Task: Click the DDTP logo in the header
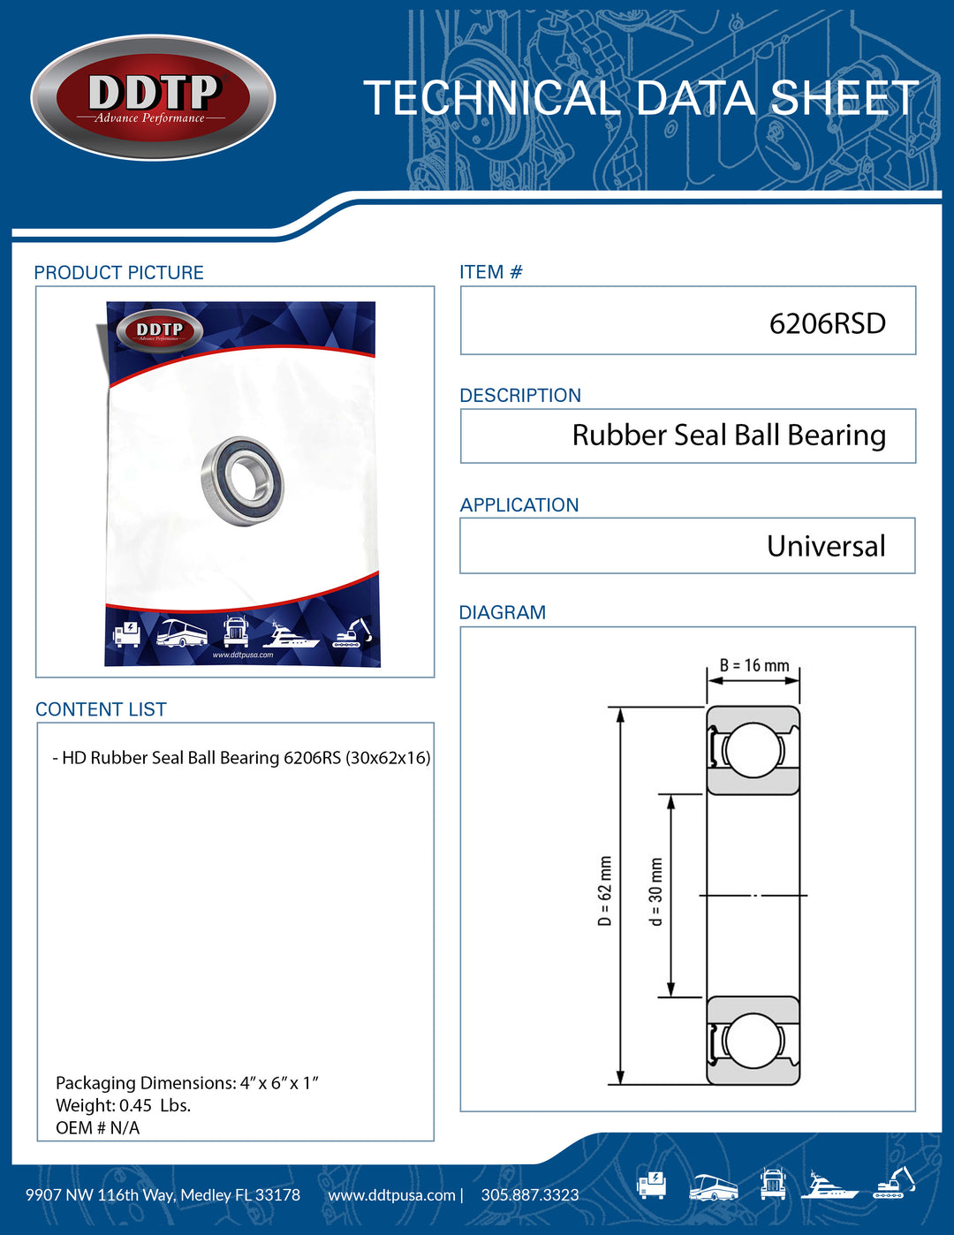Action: point(154,98)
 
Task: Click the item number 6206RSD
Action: point(827,323)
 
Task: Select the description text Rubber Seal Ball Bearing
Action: point(729,436)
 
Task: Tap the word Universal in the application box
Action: point(826,546)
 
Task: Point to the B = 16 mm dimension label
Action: point(753,665)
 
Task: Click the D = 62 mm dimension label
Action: point(605,890)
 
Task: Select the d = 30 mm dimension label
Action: point(655,891)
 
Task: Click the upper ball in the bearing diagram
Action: point(753,750)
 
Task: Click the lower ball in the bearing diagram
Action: point(753,1041)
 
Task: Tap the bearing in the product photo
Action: point(242,481)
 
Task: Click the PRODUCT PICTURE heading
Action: point(118,273)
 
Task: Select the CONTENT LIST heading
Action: point(101,709)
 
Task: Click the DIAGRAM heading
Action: point(502,612)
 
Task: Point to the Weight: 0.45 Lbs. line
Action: point(123,1105)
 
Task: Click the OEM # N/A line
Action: point(97,1128)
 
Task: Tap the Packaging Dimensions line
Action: point(186,1083)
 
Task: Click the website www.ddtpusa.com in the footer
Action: point(391,1195)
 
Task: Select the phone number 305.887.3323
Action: point(530,1195)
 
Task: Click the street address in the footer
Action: point(163,1195)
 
